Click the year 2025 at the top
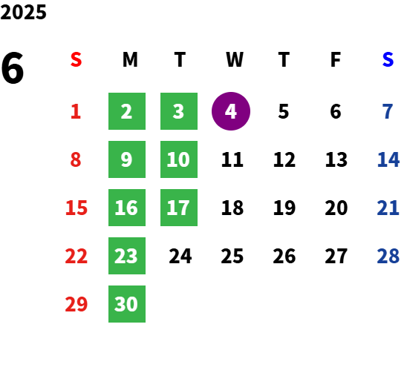[x=23, y=12]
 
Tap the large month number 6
[x=13, y=68]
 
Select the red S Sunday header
[x=76, y=59]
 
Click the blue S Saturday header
[x=388, y=59]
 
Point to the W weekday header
[x=235, y=59]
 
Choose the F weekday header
[x=336, y=59]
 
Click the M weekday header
[x=130, y=59]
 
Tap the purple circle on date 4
[x=231, y=111]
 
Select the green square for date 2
[x=127, y=111]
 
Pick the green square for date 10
[x=179, y=159]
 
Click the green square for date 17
[x=179, y=208]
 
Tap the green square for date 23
[x=127, y=256]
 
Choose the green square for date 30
[x=127, y=304]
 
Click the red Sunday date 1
[x=76, y=111]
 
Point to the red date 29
[x=76, y=304]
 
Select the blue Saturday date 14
[x=388, y=159]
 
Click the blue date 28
[x=388, y=256]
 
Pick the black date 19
[x=284, y=208]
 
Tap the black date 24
[x=180, y=256]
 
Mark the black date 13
[x=336, y=159]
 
